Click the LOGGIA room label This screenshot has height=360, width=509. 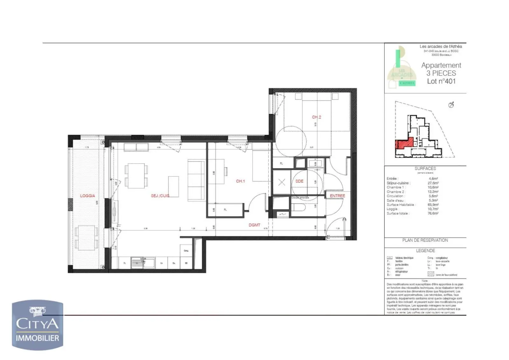tap(87, 196)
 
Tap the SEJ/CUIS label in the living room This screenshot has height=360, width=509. tap(160, 196)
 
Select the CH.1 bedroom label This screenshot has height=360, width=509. tap(241, 181)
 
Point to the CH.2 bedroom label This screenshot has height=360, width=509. tap(317, 117)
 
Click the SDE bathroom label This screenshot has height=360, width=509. tap(299, 181)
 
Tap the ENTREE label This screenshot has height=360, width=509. tap(337, 196)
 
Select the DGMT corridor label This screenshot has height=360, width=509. tap(254, 225)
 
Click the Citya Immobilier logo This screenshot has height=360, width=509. tap(38, 325)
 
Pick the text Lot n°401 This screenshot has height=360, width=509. tap(441, 81)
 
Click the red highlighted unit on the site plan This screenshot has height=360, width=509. tap(404, 143)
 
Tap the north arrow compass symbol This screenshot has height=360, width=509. tap(451, 105)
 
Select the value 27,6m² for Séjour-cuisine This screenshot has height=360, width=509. tap(433, 183)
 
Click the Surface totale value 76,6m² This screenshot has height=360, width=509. tap(433, 213)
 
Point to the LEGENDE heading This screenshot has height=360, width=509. tap(425, 251)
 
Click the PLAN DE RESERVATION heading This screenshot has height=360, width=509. tap(425, 240)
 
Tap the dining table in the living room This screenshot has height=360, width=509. tap(136, 176)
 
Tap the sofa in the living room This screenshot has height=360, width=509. tap(196, 180)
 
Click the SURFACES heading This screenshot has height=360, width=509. tap(425, 168)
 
